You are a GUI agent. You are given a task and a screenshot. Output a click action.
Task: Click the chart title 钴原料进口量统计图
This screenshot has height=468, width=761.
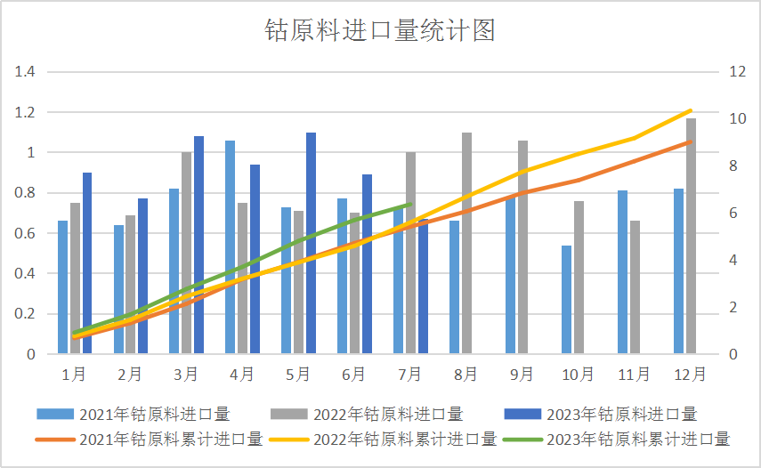380,31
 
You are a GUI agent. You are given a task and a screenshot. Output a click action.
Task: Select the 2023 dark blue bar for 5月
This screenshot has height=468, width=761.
311,243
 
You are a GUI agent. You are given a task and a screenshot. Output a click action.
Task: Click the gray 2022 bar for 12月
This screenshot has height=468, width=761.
691,236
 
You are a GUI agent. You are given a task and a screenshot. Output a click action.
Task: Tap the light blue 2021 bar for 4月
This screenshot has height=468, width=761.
231,246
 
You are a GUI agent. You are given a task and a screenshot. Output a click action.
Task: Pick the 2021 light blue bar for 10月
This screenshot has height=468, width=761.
566,299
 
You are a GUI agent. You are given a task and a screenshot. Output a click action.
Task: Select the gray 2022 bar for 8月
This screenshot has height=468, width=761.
466,243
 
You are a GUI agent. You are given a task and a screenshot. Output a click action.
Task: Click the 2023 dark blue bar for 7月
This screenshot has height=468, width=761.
423,286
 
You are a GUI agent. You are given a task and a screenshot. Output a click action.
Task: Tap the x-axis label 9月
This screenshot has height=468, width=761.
522,375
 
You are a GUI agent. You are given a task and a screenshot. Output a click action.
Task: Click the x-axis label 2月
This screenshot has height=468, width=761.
130,375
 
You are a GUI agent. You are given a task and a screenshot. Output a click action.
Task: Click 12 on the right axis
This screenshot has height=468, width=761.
737,72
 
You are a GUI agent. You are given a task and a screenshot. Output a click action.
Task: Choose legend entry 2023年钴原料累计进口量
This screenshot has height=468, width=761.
637,439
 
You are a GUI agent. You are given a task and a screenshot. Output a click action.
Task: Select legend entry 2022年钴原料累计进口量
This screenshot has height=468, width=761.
405,439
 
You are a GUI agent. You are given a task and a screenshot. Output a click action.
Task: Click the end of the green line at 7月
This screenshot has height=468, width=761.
409,205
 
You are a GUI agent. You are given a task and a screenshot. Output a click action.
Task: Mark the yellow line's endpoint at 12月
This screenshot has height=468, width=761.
691,110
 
